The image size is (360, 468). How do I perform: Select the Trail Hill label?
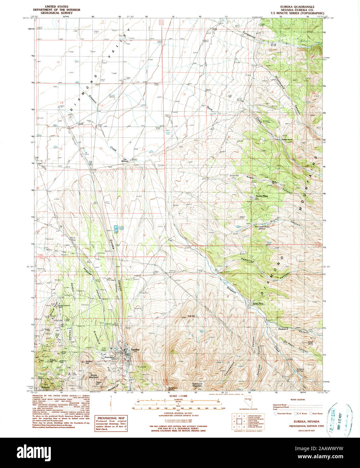click(191, 316)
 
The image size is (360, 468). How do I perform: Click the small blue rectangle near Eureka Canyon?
click(116, 229)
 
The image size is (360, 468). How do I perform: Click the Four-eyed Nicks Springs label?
click(262, 228)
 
